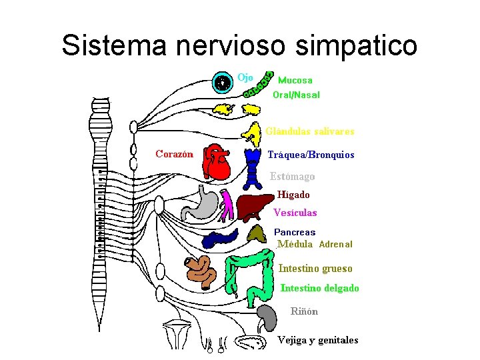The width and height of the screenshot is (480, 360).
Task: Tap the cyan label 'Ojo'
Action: point(245,77)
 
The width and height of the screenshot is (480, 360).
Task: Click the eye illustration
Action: point(223,82)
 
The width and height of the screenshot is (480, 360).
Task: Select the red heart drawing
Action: point(218,162)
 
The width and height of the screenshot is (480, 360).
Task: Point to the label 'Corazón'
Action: point(174,154)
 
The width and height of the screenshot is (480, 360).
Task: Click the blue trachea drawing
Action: point(253,167)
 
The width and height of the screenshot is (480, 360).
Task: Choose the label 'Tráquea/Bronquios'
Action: point(311,155)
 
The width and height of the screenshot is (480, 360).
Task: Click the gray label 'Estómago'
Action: point(292,177)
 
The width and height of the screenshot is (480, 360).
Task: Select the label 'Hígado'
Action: point(293,195)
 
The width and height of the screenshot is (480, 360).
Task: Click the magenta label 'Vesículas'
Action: point(295,213)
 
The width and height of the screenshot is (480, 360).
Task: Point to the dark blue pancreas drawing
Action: point(219,238)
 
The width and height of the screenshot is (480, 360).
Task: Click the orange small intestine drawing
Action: point(201,271)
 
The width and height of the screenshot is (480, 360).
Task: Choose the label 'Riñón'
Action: point(304,311)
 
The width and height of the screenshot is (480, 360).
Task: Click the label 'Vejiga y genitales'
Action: point(318,340)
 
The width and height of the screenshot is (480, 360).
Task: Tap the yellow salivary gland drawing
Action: point(253,133)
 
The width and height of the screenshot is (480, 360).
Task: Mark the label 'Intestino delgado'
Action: point(320,288)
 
